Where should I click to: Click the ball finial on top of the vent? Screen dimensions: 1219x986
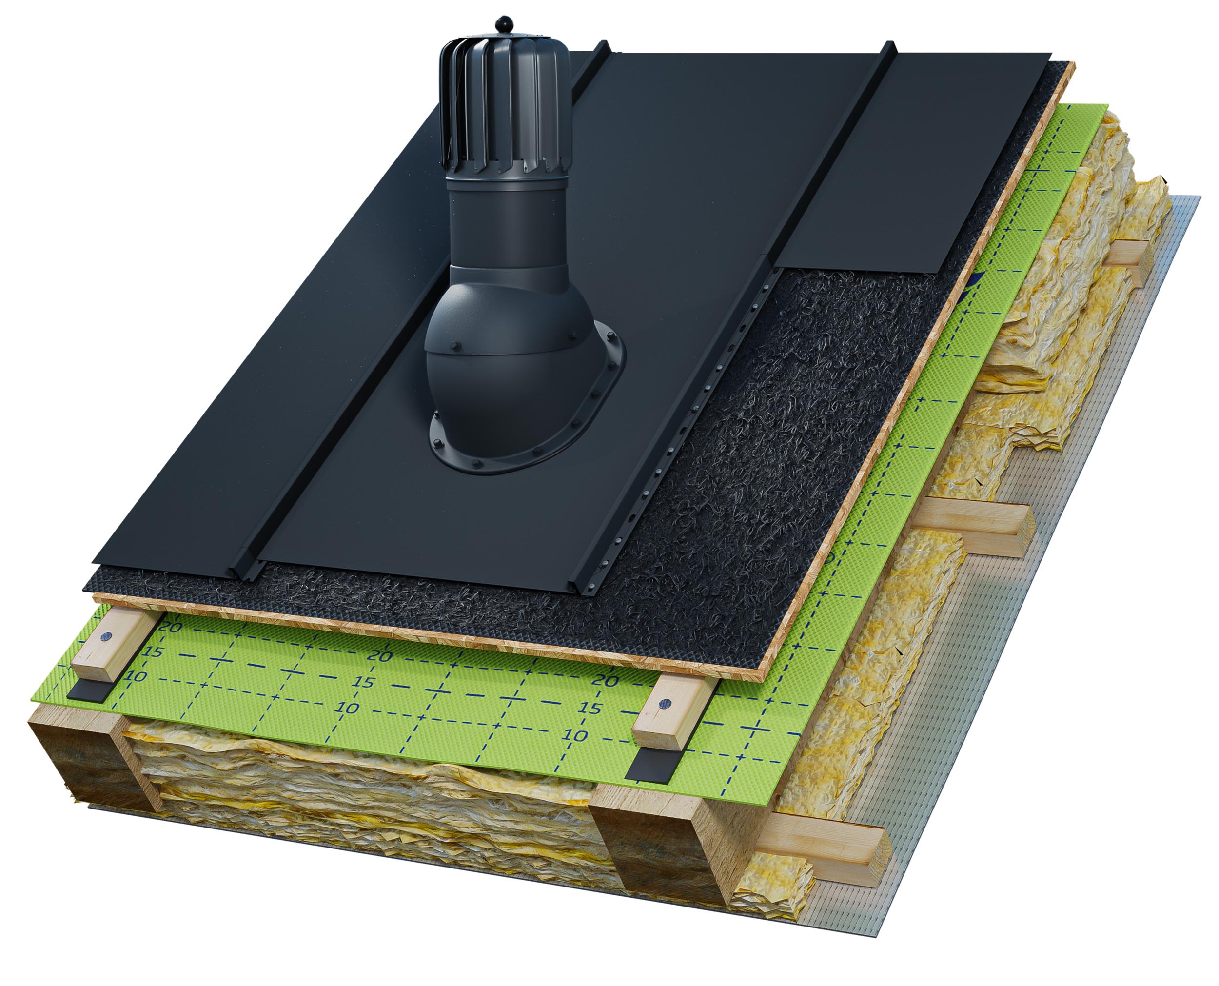coord(504,24)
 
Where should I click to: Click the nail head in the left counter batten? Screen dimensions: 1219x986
coord(106,637)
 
